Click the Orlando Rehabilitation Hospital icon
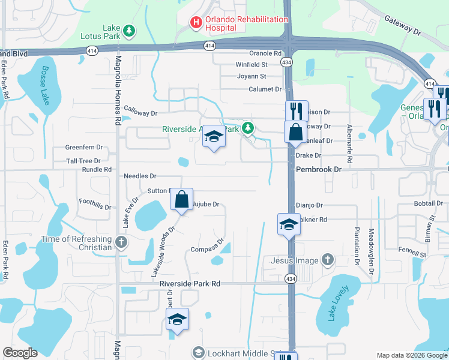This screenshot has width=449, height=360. click(196, 23)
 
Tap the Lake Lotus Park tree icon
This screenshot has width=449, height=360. click(128, 30)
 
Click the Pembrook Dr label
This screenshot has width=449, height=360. click(318, 170)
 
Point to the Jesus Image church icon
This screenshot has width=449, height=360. click(327, 260)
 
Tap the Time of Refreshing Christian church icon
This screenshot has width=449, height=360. click(121, 243)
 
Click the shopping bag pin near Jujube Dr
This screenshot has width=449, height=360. click(182, 200)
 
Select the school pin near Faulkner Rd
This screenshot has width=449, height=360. click(289, 225)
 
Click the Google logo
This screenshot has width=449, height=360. click(20, 353)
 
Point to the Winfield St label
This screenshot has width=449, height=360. click(251, 64)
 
